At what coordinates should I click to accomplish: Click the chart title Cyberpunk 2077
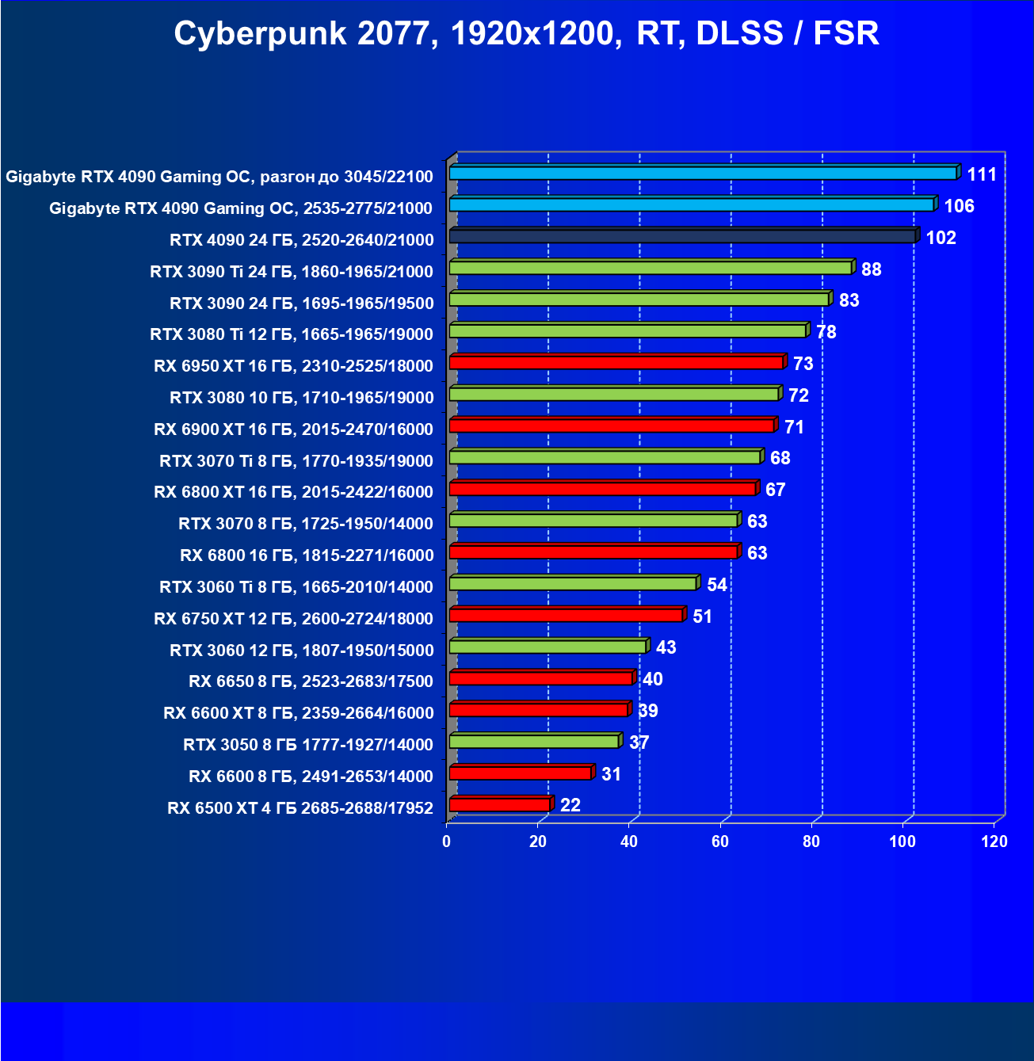(526, 33)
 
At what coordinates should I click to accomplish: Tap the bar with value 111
(704, 173)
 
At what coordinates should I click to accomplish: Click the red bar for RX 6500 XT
(500, 805)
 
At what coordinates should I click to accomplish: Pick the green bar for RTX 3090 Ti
(651, 268)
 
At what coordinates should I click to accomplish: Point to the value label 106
(959, 206)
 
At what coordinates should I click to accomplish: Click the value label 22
(570, 805)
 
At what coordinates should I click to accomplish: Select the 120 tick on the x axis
(994, 842)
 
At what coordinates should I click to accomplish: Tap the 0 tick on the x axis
(447, 842)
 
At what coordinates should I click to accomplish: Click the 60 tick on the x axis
(720, 842)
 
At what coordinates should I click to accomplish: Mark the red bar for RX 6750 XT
(567, 615)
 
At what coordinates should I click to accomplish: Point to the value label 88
(871, 269)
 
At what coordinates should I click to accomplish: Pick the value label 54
(717, 585)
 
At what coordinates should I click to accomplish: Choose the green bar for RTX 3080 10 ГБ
(614, 394)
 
